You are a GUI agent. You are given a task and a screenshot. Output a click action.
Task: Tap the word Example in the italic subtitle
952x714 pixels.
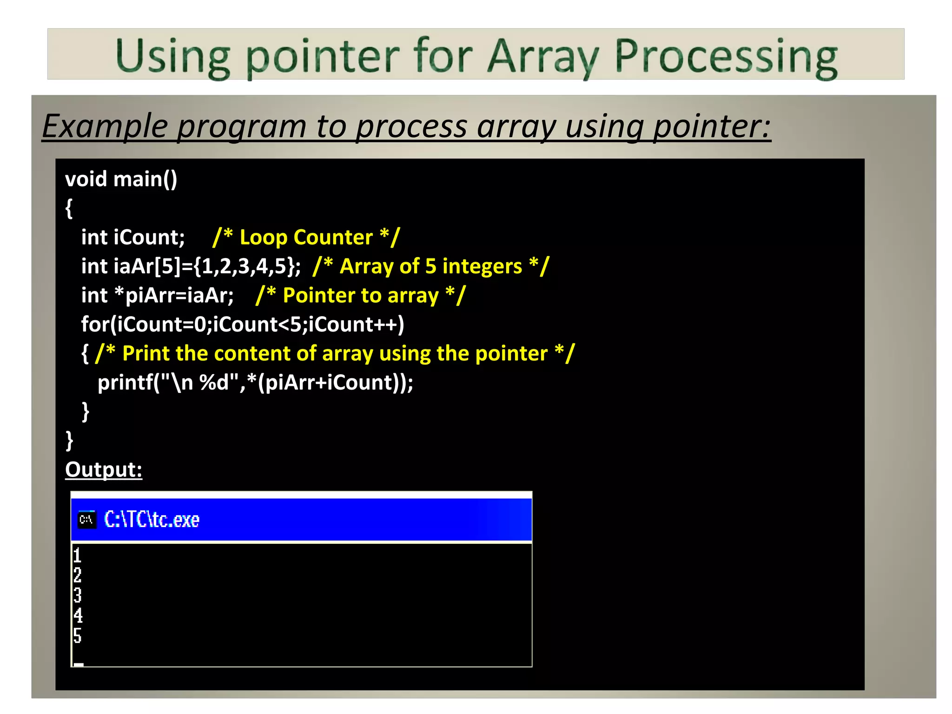tap(105, 126)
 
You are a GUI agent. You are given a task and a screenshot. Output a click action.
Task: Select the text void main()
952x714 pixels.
tap(121, 179)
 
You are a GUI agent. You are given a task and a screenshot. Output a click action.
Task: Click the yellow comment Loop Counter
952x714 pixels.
tap(306, 238)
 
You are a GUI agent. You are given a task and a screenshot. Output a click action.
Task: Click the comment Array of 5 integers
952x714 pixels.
tap(430, 266)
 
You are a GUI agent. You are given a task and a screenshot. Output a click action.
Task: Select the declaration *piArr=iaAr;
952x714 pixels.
tap(174, 296)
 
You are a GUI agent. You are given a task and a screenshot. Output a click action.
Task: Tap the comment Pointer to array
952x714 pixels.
tap(360, 296)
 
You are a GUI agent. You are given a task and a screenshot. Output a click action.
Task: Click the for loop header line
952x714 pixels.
tap(242, 324)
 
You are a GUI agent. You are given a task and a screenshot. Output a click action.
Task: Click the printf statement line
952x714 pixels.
tap(255, 383)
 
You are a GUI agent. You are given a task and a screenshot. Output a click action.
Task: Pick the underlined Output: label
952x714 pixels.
tap(104, 469)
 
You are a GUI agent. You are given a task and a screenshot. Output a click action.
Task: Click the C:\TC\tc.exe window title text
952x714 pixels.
tap(152, 519)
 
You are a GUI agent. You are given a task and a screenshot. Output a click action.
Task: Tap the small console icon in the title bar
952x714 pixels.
tap(86, 519)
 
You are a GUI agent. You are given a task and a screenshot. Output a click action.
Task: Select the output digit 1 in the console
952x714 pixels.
tap(77, 555)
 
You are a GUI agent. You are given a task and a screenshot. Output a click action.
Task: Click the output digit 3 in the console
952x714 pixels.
tap(77, 595)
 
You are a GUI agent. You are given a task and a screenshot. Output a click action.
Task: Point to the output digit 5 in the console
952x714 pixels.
tap(77, 635)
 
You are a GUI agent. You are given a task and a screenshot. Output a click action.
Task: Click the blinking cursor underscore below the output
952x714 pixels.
tap(79, 664)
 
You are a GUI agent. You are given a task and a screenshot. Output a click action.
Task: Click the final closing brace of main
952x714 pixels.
tap(69, 440)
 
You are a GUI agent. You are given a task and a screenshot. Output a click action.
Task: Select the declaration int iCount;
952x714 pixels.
tap(133, 238)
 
